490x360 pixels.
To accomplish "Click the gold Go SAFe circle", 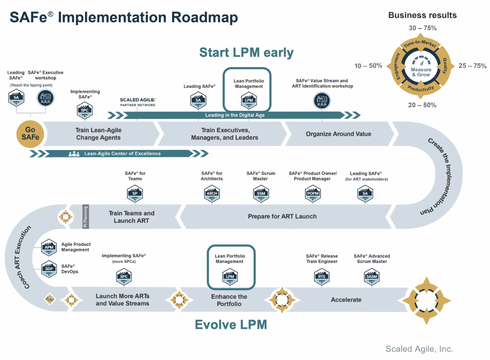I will click(30, 134).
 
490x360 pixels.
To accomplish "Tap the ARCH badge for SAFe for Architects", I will click(212, 194).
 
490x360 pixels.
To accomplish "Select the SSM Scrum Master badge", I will click(261, 194).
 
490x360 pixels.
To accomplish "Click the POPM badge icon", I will click(313, 194).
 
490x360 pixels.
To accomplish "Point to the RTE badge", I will click(322, 277).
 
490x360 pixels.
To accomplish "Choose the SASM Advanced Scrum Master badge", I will click(372, 277).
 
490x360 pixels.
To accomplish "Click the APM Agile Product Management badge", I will click(49, 248).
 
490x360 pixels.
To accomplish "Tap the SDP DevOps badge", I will click(49, 269).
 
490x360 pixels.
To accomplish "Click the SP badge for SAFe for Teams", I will click(135, 194).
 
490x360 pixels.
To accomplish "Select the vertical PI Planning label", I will click(86, 217).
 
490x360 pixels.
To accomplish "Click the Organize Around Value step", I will click(338, 134).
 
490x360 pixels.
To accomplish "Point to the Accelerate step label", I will click(346, 300).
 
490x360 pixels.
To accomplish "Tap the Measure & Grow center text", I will click(421, 72).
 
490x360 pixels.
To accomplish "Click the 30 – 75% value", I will click(423, 28).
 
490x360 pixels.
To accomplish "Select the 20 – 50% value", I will click(422, 105).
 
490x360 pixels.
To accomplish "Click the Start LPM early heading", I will click(246, 53).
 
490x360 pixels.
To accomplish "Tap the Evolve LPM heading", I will click(231, 325).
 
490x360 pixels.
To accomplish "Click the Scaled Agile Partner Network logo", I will click(138, 102).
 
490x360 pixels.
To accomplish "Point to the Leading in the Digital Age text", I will click(235, 115).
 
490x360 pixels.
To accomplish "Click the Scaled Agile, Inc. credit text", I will click(419, 349).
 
